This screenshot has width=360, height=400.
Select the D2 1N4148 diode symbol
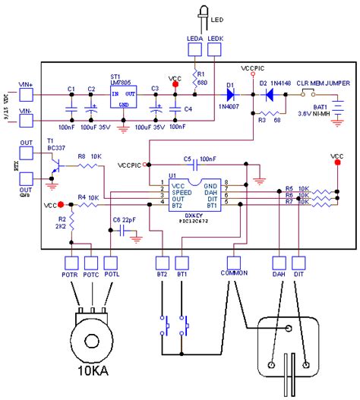click(x=266, y=95)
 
